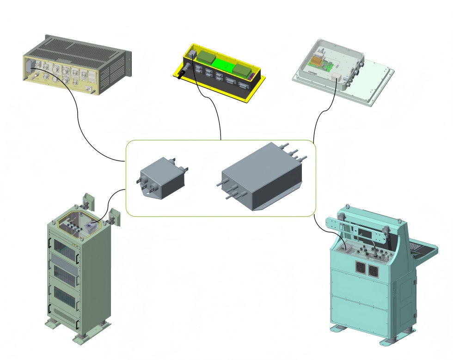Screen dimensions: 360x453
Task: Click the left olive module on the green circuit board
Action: click(206, 58)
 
